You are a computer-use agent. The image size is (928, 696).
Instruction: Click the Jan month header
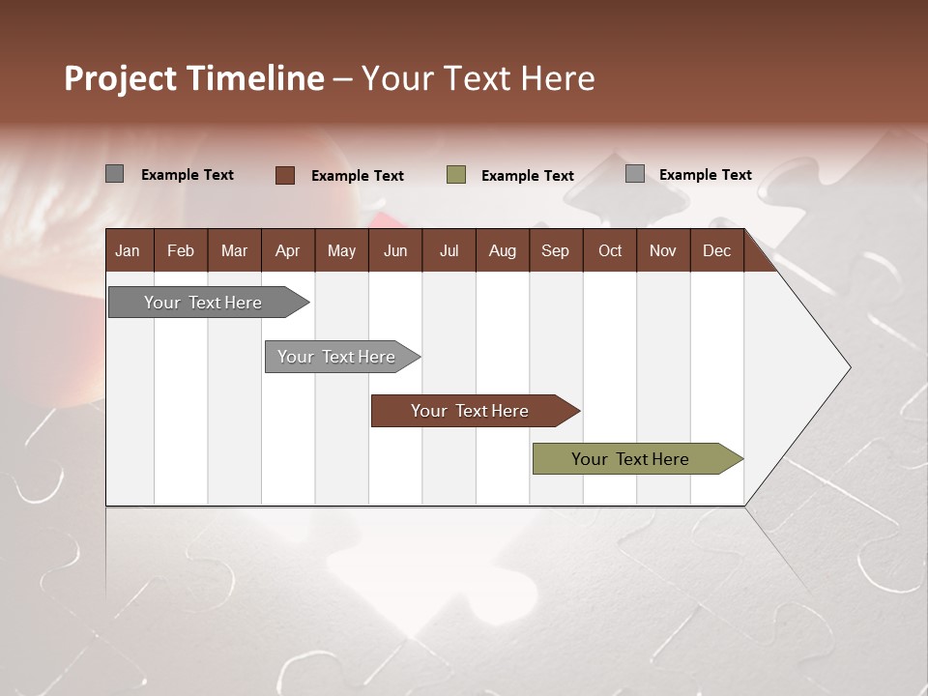[x=128, y=251]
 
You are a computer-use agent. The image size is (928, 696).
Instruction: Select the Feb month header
[x=181, y=251]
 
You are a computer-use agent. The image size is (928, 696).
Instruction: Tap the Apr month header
[x=287, y=251]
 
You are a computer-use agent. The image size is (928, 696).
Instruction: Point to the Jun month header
[x=395, y=251]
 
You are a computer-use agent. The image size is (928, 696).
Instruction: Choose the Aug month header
[x=502, y=251]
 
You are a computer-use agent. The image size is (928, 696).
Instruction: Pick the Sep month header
[x=555, y=251]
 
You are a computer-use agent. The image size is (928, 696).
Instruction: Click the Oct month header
[x=610, y=251]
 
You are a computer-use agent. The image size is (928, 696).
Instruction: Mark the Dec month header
[x=716, y=251]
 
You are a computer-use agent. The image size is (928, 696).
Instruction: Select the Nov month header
[x=663, y=251]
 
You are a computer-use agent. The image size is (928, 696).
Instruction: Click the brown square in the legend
[x=285, y=175]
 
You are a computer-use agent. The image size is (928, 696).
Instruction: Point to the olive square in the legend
[x=456, y=175]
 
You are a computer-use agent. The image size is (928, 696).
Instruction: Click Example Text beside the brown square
[x=358, y=176]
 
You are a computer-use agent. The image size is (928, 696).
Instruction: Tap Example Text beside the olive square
[x=528, y=176]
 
